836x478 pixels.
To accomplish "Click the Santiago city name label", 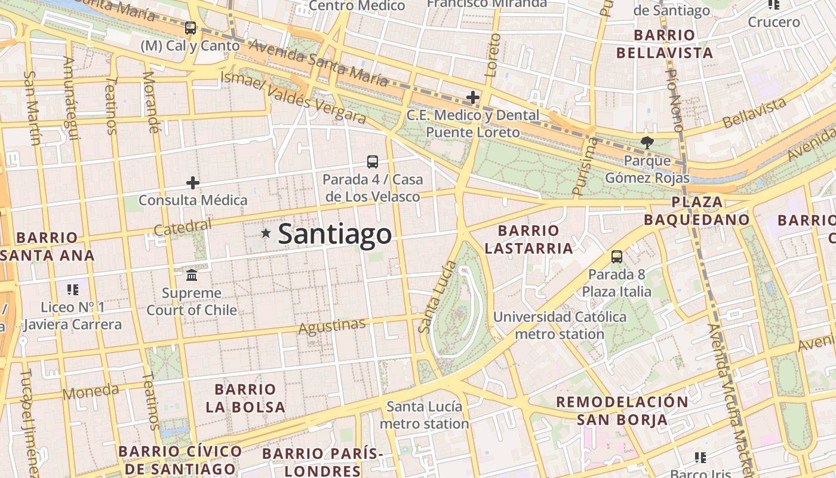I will pos(334,234).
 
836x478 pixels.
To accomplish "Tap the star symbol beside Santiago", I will pos(266,233).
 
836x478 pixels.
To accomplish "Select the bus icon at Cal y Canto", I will pos(190,27).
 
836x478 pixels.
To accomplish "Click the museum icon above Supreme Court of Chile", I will pos(192,275).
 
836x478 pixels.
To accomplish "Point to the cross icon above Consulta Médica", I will pos(192,182).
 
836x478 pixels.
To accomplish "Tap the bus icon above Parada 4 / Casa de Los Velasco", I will pos(372,161).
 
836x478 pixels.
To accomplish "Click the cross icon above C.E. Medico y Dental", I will pos(473,97).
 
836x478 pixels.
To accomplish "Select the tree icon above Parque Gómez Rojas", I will pos(647,142).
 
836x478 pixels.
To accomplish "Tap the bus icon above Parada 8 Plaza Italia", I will pos(617,257).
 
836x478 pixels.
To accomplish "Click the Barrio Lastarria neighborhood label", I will pos(528,239).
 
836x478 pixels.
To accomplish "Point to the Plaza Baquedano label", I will pos(696,210).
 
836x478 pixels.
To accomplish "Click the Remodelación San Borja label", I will pos(622,410).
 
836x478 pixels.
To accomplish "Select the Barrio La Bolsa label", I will pos(245,399).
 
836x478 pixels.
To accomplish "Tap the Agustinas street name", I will pos(332,326).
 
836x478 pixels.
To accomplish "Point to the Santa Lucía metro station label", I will pos(425,415).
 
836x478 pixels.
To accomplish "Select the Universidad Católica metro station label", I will pos(560,325).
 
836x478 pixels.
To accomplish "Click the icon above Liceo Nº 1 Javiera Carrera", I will pos(73,290).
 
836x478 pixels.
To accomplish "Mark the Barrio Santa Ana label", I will pos(48,246).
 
